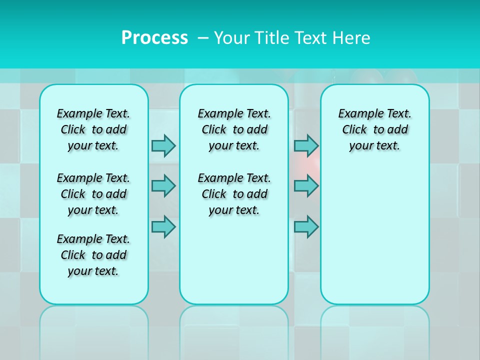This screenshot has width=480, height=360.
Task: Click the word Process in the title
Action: click(x=154, y=37)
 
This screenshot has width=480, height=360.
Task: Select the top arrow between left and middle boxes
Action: click(x=163, y=145)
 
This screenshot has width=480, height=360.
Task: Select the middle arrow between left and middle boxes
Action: click(x=163, y=186)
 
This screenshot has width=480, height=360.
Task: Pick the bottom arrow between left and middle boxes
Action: click(x=163, y=226)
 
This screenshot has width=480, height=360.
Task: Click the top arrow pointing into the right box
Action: click(x=306, y=145)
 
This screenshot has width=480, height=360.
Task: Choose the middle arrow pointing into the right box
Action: click(x=306, y=186)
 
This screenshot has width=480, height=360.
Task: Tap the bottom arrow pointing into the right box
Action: click(x=306, y=226)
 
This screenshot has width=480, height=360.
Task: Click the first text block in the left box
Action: click(x=93, y=129)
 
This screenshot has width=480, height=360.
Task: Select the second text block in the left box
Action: click(x=93, y=194)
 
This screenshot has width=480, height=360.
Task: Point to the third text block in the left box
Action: click(x=93, y=255)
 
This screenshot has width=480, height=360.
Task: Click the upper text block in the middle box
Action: click(x=234, y=129)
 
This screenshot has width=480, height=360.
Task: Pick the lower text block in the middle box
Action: click(x=234, y=194)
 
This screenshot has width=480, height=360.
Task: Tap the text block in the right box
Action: click(x=374, y=129)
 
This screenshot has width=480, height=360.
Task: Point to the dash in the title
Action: click(x=203, y=38)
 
